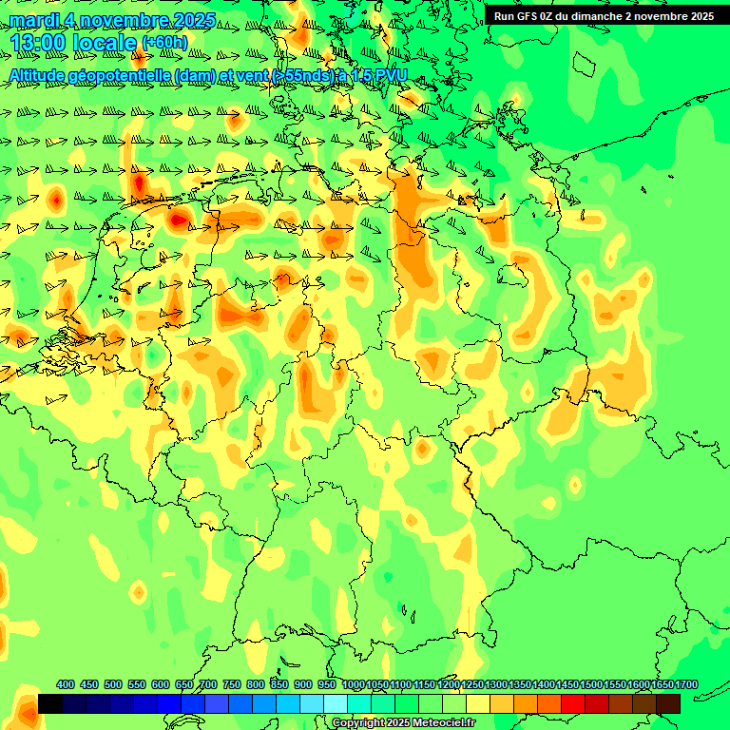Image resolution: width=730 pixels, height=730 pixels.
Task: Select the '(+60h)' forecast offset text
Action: click(164, 43)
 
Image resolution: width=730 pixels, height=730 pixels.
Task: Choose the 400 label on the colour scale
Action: click(66, 685)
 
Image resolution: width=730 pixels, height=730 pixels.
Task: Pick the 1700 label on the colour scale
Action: click(686, 685)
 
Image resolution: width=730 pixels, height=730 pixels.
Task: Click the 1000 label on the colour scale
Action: click(354, 685)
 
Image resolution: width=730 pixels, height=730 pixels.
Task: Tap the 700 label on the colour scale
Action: click(208, 685)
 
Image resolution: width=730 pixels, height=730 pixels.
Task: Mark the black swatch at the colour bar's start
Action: click(50, 703)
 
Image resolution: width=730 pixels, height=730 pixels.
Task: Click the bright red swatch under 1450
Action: click(573, 703)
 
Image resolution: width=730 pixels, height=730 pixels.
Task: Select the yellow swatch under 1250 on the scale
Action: click(478, 703)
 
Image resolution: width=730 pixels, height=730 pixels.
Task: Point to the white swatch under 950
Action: click(336, 703)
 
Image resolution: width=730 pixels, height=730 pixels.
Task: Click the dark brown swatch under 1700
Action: click(668, 703)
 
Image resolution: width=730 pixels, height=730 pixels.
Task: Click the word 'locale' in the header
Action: click(105, 44)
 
